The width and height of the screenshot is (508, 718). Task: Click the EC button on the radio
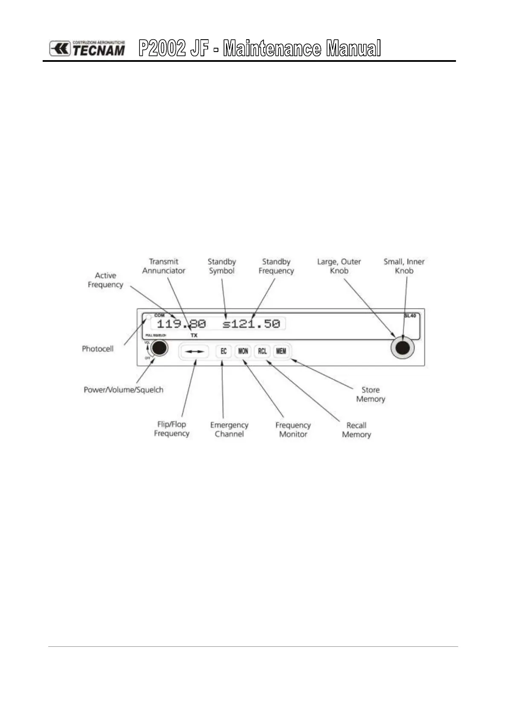pos(223,351)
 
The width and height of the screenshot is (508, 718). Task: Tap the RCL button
pos(262,351)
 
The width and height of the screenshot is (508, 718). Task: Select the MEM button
pos(281,351)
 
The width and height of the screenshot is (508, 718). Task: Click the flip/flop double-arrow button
pos(194,352)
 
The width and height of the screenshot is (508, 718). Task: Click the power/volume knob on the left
pos(159,348)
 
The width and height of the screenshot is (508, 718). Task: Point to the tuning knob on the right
pos(403,348)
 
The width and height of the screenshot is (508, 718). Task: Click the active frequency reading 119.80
pos(181,324)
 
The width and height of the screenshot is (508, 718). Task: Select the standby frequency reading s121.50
pos(252,324)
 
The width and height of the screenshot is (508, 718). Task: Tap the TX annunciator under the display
pos(194,336)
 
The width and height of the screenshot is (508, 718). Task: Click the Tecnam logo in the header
pos(87,49)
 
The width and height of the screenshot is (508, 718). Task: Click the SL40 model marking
pos(410,316)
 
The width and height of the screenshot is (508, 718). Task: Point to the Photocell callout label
pos(98,349)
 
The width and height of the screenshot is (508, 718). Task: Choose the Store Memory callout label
pos(371,394)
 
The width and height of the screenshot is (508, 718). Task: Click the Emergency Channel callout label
pos(229,429)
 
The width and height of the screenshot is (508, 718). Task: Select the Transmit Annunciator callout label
pos(164,266)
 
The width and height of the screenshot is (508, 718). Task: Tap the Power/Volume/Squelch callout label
pos(123,390)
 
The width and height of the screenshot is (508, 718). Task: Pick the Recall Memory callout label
pos(357,430)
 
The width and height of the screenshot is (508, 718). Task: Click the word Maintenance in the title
pos(273,49)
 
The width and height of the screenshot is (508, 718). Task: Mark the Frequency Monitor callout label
pos(293,429)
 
